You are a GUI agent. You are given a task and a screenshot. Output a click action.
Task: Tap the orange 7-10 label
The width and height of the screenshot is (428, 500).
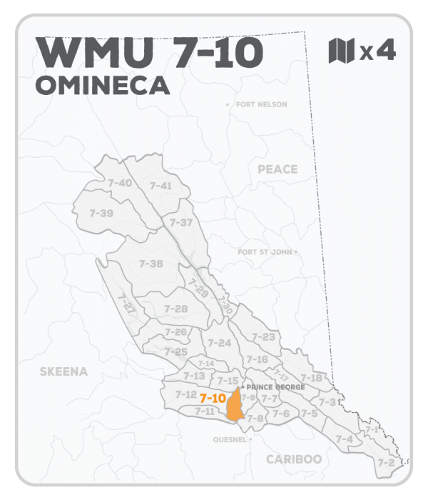coord(213,398)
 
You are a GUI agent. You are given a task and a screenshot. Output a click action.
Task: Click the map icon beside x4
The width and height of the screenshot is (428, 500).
coord(341,51)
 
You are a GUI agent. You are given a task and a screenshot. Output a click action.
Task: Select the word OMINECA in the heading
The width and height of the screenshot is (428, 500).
coord(101,85)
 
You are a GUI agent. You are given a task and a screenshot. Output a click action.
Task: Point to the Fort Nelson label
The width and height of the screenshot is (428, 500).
coord(260,105)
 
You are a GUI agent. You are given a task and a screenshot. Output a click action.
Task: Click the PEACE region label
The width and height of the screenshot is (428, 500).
coord(277,169)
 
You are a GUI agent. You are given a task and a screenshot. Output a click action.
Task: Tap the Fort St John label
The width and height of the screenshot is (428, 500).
coord(265,252)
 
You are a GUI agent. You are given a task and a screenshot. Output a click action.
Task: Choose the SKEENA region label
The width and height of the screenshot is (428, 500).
coord(63,371)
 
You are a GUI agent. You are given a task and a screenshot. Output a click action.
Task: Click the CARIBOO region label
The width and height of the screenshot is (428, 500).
coord(294,459)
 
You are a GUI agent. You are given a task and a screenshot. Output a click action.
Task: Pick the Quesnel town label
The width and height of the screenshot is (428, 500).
coord(230,439)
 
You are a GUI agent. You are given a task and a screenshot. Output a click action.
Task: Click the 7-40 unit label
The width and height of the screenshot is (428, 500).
coord(120,184)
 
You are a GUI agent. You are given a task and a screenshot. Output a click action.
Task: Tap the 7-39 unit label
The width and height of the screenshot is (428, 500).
coord(101,213)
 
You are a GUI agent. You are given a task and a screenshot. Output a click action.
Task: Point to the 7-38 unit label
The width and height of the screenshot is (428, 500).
coord(151,264)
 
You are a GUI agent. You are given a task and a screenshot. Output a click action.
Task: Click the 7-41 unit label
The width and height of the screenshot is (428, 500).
coord(160,186)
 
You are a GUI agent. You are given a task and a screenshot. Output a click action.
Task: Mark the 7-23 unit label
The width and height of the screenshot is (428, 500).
coord(263,337)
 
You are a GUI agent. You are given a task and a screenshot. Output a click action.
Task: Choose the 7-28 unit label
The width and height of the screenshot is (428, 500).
coord(175,309)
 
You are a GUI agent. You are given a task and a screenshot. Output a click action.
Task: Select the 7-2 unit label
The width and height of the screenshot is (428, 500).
coord(386,463)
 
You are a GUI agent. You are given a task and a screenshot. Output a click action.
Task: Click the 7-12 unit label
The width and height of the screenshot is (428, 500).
coord(185,394)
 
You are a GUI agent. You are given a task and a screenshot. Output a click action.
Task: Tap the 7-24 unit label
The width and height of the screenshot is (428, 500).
coord(220,343)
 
